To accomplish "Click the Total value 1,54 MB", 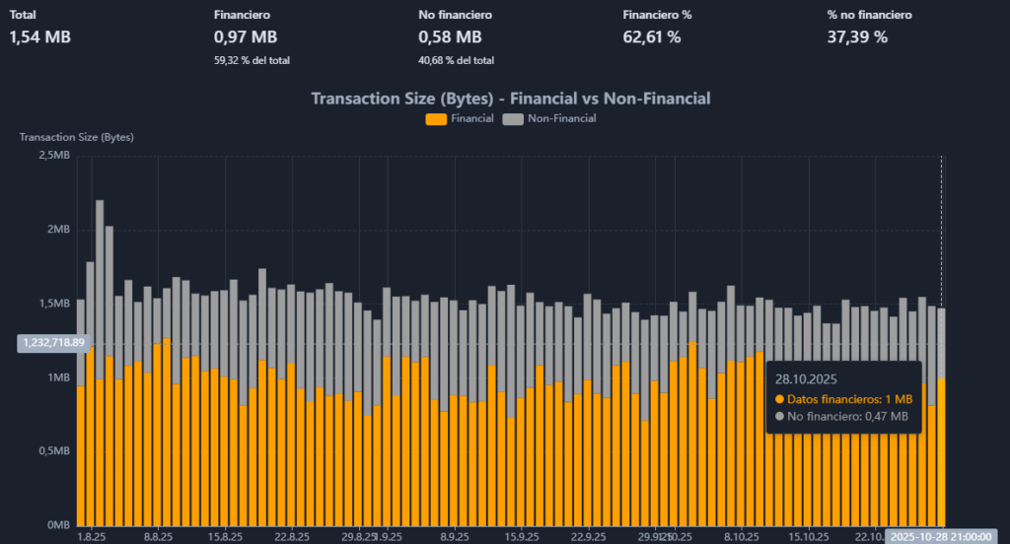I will coord(40,37).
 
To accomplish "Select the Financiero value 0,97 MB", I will coord(246,37).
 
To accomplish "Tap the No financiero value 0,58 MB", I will coord(450,37).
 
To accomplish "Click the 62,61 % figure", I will coord(652,37).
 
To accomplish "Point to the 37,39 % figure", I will coord(857,37).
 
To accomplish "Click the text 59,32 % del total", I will coord(252,60).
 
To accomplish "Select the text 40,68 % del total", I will coord(456,60).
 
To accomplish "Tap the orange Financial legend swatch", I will coord(436,119).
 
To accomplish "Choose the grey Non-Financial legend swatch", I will coord(512,119).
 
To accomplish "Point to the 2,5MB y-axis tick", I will coord(53,156).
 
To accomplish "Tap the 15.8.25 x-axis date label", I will coord(225,537).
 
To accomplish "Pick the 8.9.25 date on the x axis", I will coord(455,537).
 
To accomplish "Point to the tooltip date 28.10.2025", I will coord(807,377).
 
